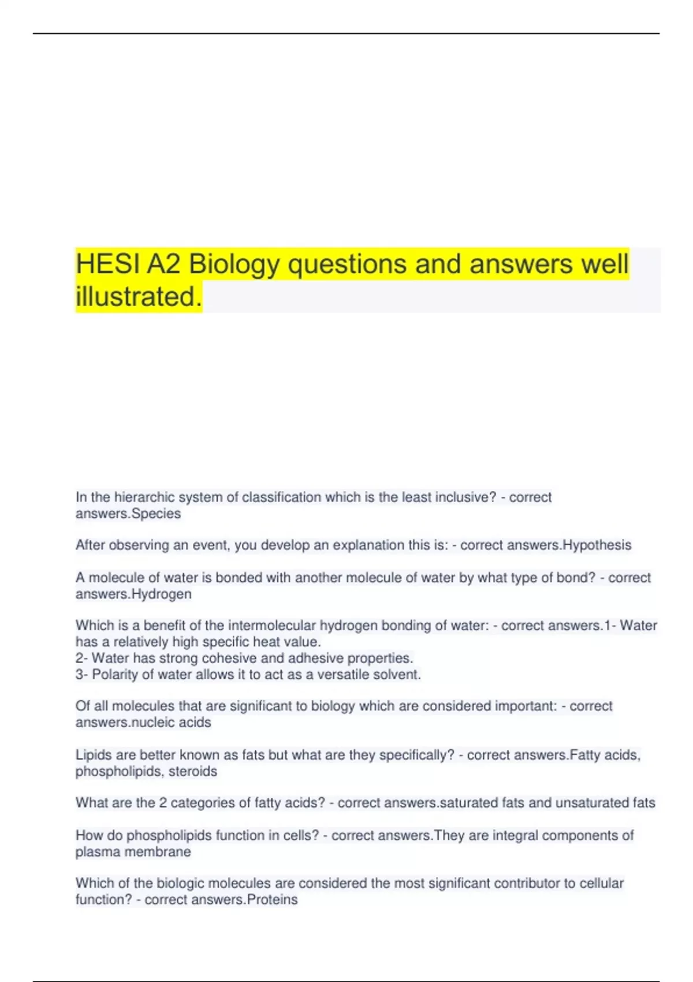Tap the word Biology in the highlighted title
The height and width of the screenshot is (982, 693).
[234, 265]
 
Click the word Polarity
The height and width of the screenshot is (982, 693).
[115, 674]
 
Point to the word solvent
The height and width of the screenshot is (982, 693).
[398, 674]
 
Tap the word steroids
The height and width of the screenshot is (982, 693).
[193, 771]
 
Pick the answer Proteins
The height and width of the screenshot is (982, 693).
[272, 899]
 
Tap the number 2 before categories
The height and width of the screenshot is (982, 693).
[163, 802]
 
